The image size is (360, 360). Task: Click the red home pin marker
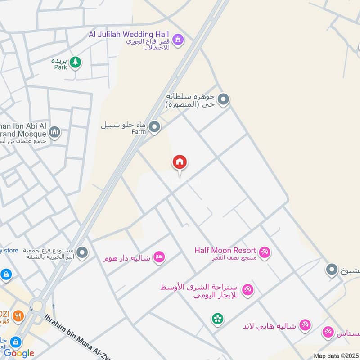tap(180, 163)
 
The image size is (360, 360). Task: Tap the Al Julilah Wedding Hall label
tap(129, 35)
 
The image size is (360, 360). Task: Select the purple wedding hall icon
tap(179, 40)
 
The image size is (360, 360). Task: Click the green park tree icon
tap(75, 63)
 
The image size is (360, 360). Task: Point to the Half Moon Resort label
tap(225, 250)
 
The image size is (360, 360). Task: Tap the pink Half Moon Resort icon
tap(264, 253)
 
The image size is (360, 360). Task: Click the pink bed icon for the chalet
tap(159, 257)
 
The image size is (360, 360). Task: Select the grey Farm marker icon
tap(155, 128)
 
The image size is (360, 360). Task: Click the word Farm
tap(139, 132)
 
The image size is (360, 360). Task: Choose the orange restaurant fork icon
tap(18, 316)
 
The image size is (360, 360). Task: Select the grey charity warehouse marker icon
tap(82, 253)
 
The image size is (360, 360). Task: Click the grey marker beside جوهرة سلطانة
tap(223, 99)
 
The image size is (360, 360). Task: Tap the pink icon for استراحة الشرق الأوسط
tap(247, 290)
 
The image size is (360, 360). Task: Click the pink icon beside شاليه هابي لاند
tap(306, 325)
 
